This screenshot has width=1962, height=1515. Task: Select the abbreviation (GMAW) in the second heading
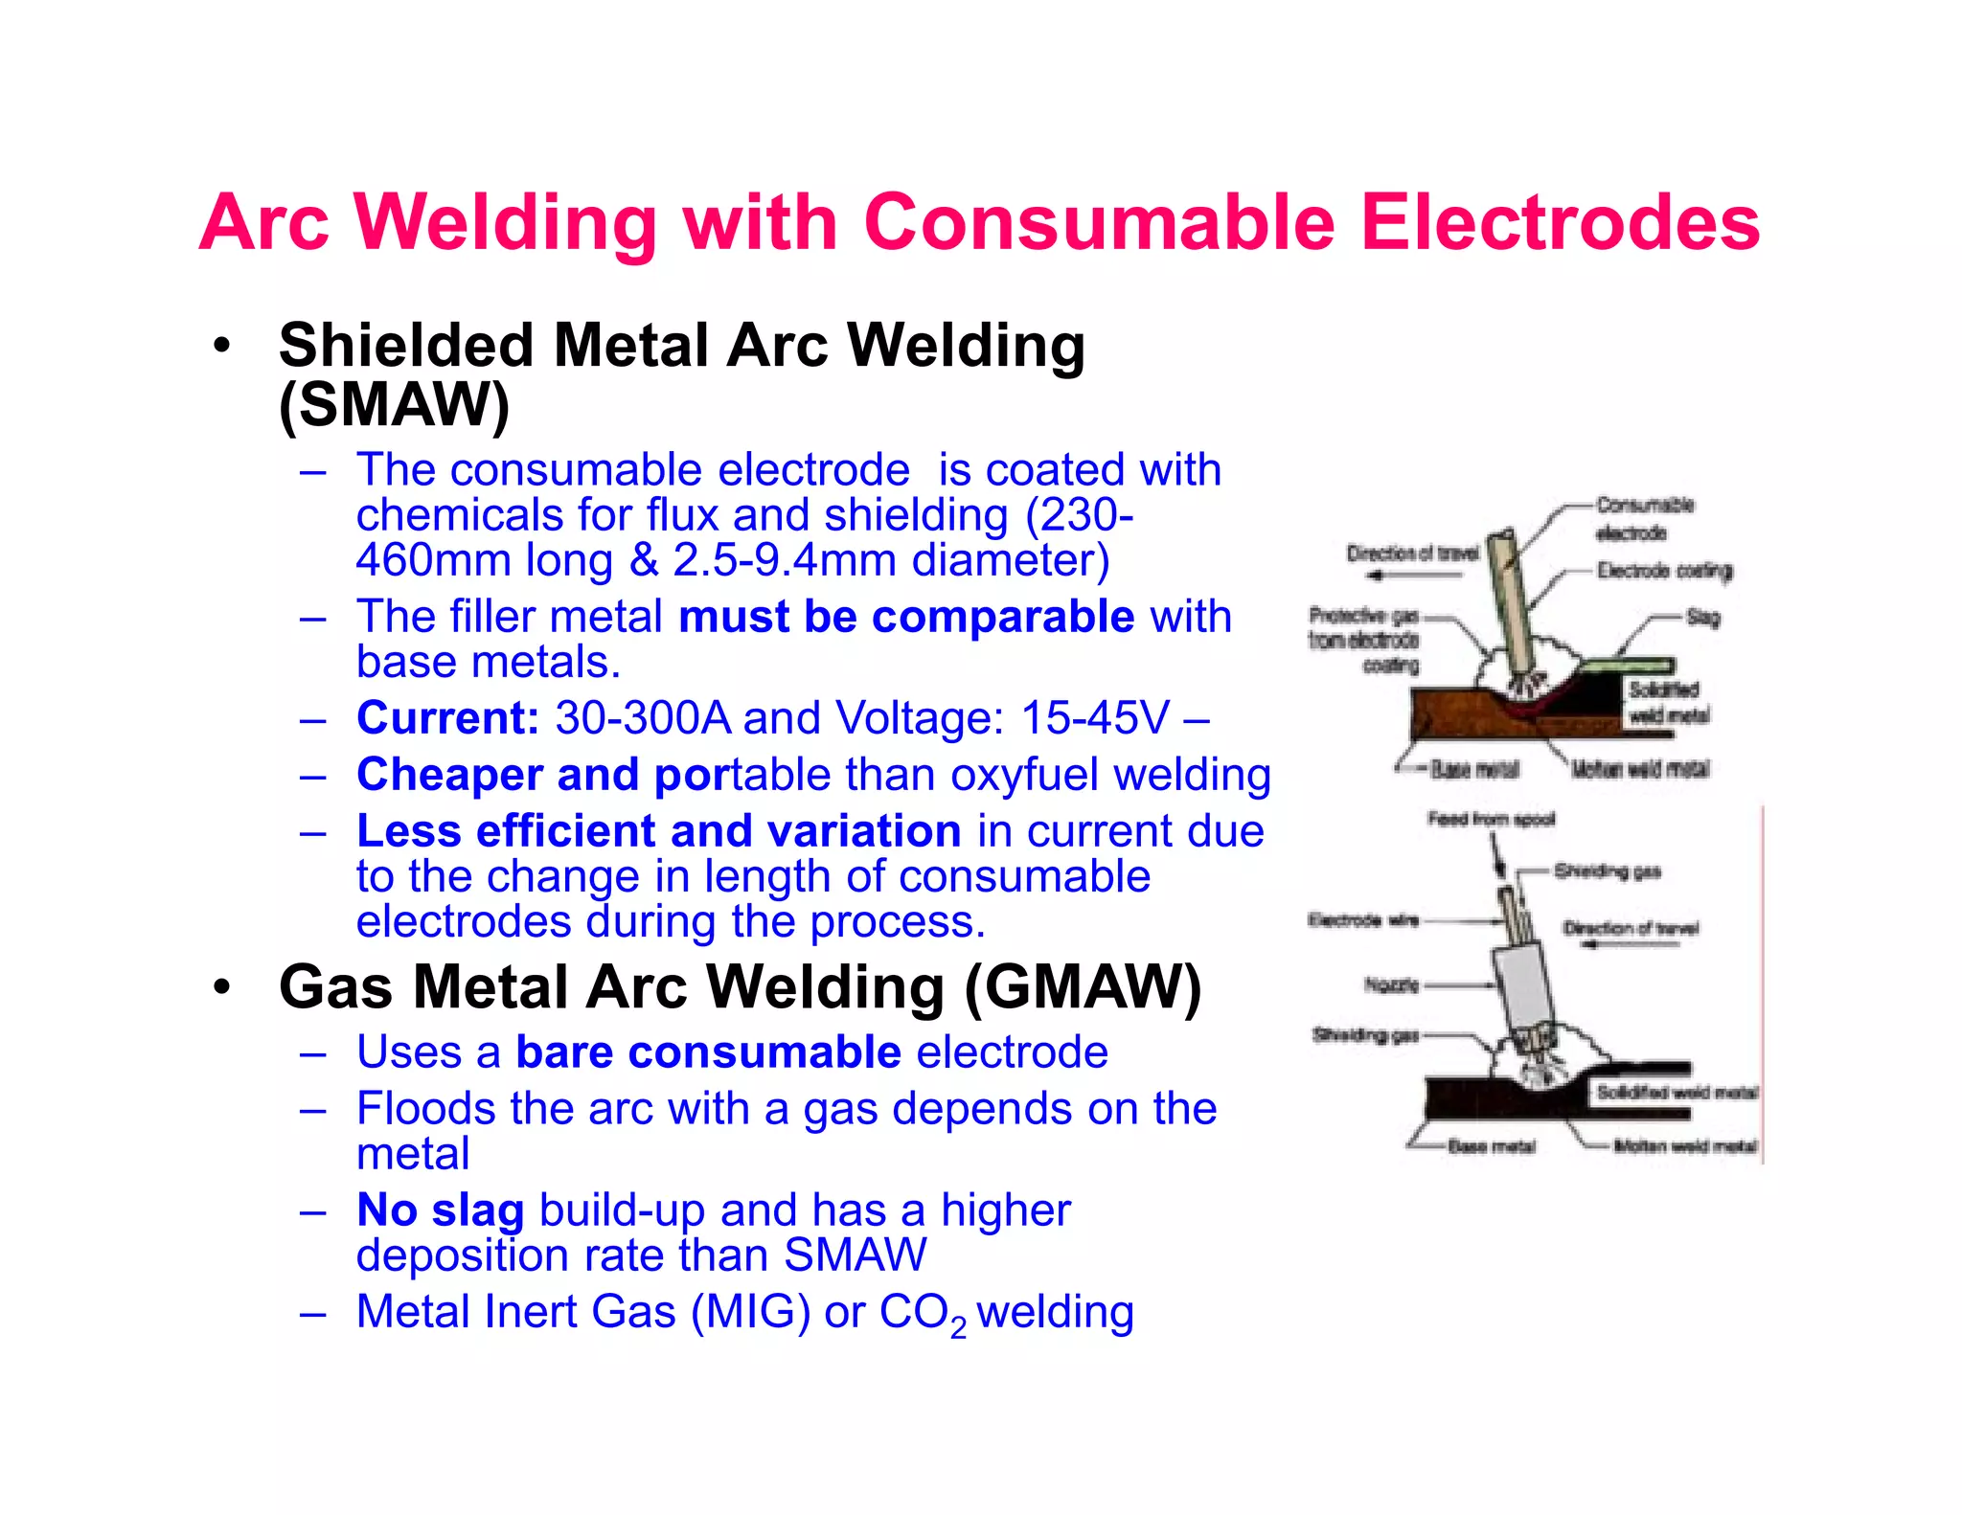(x=1083, y=987)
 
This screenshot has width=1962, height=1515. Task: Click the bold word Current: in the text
(x=447, y=718)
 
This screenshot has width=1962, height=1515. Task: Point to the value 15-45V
(x=1095, y=718)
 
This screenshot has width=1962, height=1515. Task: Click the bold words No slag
(x=440, y=1210)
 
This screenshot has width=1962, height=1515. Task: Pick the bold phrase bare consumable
(x=708, y=1052)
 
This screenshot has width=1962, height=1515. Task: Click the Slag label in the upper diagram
(x=1702, y=618)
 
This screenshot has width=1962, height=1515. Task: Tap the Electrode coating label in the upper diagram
(x=1664, y=571)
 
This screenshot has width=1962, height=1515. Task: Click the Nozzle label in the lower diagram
(x=1391, y=984)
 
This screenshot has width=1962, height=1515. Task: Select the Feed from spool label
(x=1491, y=819)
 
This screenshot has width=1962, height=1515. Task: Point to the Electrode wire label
(x=1362, y=921)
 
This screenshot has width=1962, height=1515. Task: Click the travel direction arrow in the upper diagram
(x=1413, y=576)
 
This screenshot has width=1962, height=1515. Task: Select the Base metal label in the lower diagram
(x=1491, y=1146)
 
